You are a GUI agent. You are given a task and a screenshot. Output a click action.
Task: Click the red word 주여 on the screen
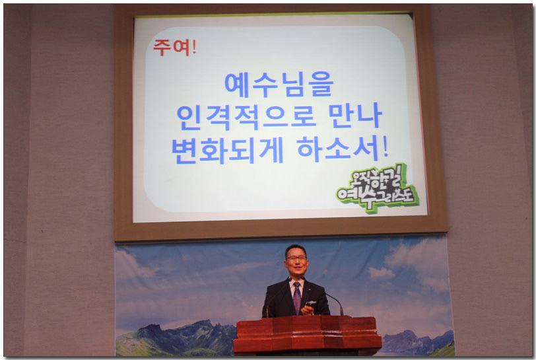click(x=171, y=47)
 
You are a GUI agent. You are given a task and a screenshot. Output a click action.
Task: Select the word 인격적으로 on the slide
click(x=246, y=117)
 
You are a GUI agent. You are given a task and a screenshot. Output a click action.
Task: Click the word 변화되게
click(x=227, y=150)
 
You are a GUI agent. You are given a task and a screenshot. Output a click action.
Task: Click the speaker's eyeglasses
click(x=296, y=259)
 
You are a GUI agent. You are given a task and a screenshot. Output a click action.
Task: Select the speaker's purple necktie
click(x=297, y=297)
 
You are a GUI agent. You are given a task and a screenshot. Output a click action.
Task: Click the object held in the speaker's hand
click(x=307, y=310)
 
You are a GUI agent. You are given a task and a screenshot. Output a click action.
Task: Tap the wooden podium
click(x=307, y=335)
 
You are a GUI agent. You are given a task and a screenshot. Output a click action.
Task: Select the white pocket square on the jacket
click(x=311, y=303)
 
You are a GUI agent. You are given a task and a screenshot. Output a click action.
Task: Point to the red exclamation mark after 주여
click(x=194, y=46)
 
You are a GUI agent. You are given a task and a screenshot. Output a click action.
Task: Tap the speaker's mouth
click(x=296, y=269)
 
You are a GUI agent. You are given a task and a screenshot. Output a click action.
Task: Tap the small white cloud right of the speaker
click(x=382, y=273)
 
